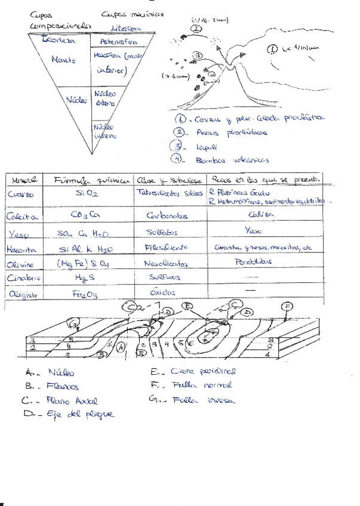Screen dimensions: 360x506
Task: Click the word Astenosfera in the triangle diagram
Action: point(107,42)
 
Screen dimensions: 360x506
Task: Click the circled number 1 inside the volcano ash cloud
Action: point(272,49)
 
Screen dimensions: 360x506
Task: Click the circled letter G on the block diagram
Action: point(73,324)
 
